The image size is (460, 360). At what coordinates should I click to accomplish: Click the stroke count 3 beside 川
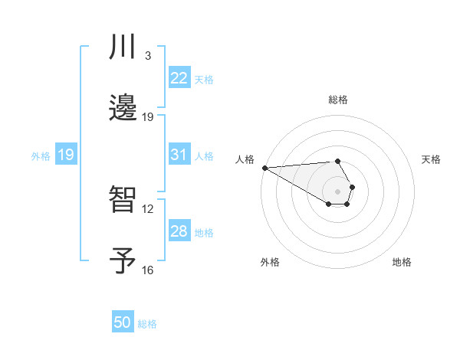148,57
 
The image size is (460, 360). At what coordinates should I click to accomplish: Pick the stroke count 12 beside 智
148,208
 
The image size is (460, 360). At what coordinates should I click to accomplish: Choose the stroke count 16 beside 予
148,270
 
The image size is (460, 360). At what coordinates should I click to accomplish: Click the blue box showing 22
179,78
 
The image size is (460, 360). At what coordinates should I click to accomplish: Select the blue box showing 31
179,155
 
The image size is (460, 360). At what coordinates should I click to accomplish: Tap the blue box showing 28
179,231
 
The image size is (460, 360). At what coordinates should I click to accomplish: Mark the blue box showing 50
123,322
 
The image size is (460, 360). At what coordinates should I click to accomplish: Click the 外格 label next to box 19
41,155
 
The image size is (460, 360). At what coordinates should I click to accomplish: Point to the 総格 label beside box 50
147,323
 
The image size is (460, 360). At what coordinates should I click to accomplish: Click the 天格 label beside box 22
204,79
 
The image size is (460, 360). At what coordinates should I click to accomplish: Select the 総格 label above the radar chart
337,100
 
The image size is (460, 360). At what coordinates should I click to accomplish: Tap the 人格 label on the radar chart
245,159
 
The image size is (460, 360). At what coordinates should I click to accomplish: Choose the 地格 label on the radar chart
402,262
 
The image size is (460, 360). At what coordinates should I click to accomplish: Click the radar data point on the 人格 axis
264,168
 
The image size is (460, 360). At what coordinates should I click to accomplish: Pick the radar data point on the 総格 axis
337,161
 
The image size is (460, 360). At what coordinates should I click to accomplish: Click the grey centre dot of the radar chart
337,191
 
